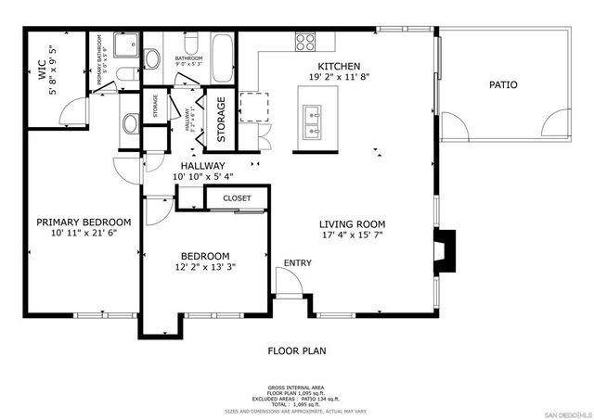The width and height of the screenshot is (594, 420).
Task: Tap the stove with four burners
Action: pyautogui.click(x=304, y=42)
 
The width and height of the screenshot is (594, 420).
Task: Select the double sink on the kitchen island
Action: pyautogui.click(x=312, y=119)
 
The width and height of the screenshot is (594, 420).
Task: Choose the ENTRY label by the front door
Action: pyautogui.click(x=298, y=263)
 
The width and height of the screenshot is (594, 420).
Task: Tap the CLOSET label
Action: pyautogui.click(x=237, y=198)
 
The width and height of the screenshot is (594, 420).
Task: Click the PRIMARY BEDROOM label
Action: pyautogui.click(x=84, y=223)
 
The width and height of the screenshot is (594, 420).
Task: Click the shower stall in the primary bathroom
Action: pyautogui.click(x=127, y=45)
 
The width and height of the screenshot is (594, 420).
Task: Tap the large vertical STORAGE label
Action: pyautogui.click(x=222, y=121)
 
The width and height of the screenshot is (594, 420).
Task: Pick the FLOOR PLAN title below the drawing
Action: pyautogui.click(x=297, y=351)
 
